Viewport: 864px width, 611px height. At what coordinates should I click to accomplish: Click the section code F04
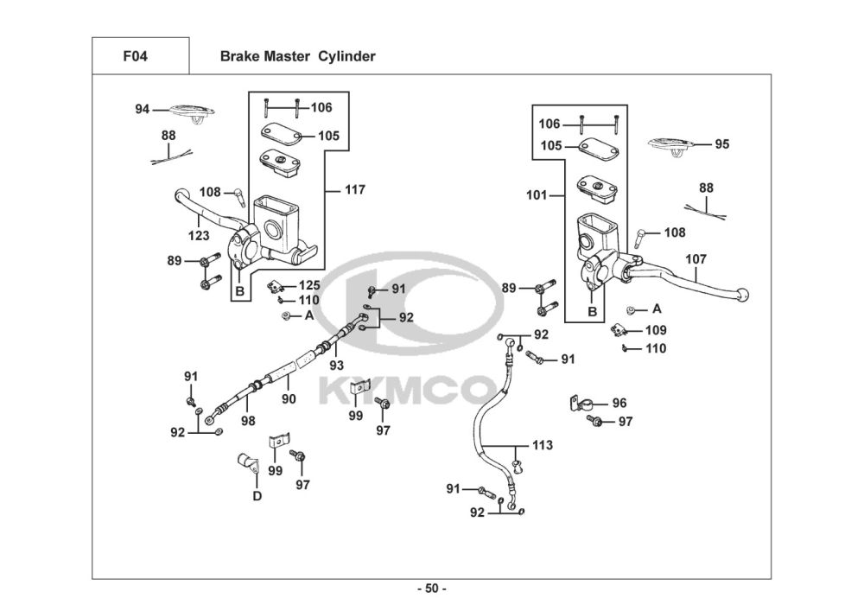[x=135, y=56]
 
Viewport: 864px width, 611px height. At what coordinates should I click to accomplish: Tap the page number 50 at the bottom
[x=432, y=589]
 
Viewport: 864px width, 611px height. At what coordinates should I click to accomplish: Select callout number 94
[x=143, y=109]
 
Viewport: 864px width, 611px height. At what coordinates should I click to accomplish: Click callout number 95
[x=721, y=143]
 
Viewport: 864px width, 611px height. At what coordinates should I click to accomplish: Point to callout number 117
[x=355, y=189]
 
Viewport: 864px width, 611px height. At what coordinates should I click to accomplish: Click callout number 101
[x=537, y=195]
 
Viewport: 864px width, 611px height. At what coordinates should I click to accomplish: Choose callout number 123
[x=199, y=236]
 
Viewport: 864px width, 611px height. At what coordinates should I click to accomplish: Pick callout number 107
[x=696, y=259]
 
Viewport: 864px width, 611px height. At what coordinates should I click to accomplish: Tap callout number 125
[x=309, y=285]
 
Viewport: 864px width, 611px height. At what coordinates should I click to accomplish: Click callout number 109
[x=656, y=330]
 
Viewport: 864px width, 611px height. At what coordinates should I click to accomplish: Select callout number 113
[x=543, y=444]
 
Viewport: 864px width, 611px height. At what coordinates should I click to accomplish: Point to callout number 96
[x=619, y=403]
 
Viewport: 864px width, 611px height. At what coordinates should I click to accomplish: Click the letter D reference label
[x=257, y=496]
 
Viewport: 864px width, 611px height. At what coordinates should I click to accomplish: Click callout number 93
[x=336, y=366]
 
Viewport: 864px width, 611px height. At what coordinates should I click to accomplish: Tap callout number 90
[x=289, y=399]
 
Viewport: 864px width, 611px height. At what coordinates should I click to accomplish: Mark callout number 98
[x=248, y=421]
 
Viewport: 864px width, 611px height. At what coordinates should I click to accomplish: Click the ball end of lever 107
[x=743, y=295]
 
